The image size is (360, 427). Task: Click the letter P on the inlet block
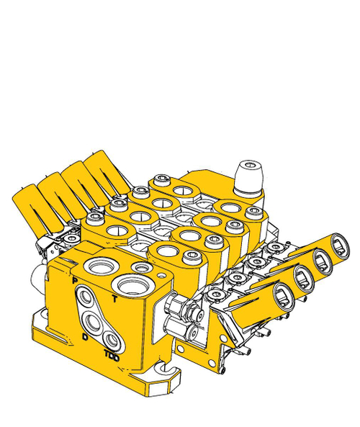[x=74, y=277]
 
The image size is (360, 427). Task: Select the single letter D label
[x=86, y=336]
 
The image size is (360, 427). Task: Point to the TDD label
[x=110, y=355]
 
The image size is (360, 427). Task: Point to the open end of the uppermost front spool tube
[x=340, y=244]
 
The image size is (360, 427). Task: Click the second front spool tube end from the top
[x=321, y=260]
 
